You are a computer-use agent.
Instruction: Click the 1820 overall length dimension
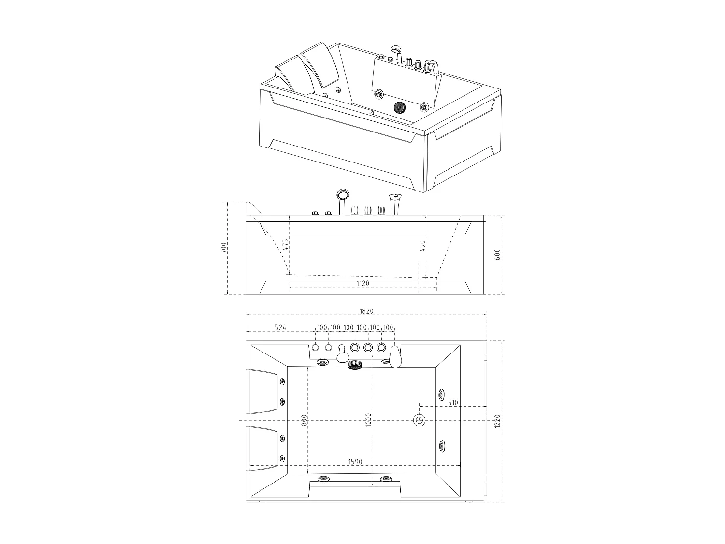pos(366,311)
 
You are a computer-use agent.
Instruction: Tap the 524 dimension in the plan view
pos(280,328)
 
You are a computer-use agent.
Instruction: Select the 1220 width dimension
pos(497,422)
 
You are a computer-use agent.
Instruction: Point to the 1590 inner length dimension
pos(355,462)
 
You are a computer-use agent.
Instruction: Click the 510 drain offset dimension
pos(453,403)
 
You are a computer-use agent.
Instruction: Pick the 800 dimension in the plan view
pos(304,420)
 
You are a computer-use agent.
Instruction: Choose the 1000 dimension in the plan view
pos(369,420)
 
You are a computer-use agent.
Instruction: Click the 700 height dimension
pos(224,248)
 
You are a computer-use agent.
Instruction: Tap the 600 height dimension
pos(497,254)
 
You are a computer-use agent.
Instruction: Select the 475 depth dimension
pos(286,244)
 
